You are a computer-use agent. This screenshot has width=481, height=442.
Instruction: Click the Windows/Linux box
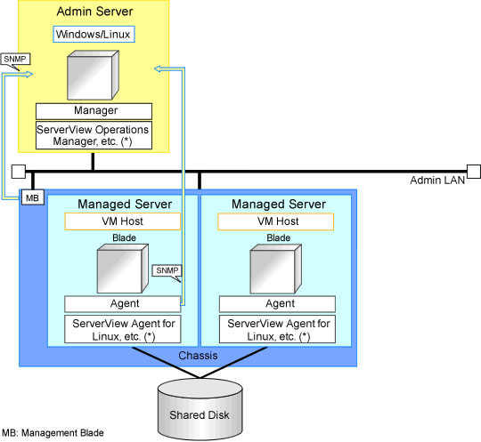(94, 34)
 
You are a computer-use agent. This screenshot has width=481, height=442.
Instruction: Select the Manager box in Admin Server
(94, 111)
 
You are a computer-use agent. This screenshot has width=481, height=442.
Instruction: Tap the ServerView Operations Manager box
(94, 135)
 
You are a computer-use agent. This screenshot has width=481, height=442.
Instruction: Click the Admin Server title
(94, 12)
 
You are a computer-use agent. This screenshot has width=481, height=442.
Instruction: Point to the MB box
(33, 197)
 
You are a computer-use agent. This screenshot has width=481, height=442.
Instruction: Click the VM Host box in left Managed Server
(122, 221)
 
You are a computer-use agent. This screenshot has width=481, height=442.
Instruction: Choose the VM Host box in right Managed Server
(275, 221)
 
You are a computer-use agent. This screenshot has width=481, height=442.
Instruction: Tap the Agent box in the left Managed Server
(123, 304)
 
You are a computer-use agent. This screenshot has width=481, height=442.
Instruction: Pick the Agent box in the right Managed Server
(277, 304)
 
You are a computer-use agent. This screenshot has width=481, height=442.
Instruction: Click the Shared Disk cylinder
(200, 409)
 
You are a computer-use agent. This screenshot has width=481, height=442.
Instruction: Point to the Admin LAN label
(437, 181)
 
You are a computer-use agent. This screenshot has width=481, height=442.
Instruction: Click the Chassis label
(198, 356)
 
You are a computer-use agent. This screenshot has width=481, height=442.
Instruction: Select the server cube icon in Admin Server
(93, 75)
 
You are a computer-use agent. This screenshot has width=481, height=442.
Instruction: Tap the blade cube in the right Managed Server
(276, 269)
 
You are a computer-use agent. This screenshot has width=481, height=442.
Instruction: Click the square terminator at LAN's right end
(474, 172)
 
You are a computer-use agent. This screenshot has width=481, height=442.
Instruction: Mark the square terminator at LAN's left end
(19, 172)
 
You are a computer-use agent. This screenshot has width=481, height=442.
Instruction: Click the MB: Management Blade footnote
(53, 433)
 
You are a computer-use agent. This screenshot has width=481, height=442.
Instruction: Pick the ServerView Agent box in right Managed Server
(277, 329)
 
